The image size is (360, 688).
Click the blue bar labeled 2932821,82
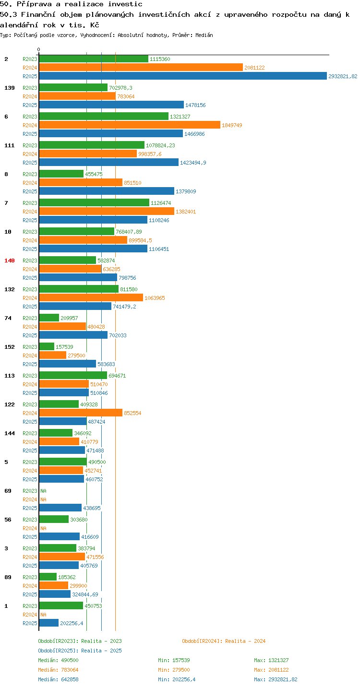pos(183,76)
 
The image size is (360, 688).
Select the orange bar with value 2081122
pos(141,67)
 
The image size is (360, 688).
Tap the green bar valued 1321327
pos(104,116)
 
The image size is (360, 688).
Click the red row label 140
pos(10,261)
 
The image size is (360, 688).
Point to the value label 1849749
pos(232,125)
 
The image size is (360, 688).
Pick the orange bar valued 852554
pos(81,413)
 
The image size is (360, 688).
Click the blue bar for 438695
pos(60,508)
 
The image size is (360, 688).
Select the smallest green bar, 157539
pos(47,346)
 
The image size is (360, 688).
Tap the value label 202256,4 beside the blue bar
pos(72,623)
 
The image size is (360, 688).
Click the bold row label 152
pos(10,347)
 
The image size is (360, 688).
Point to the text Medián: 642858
pos(59,679)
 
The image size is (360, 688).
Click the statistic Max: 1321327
pos(271,660)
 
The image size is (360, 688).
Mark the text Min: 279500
pos(174,670)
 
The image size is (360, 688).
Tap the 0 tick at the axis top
pos(38,49)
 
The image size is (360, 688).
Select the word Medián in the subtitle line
pos(204,35)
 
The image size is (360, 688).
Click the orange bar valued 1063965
pos(91,297)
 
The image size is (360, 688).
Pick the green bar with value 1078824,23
pos(92,145)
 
